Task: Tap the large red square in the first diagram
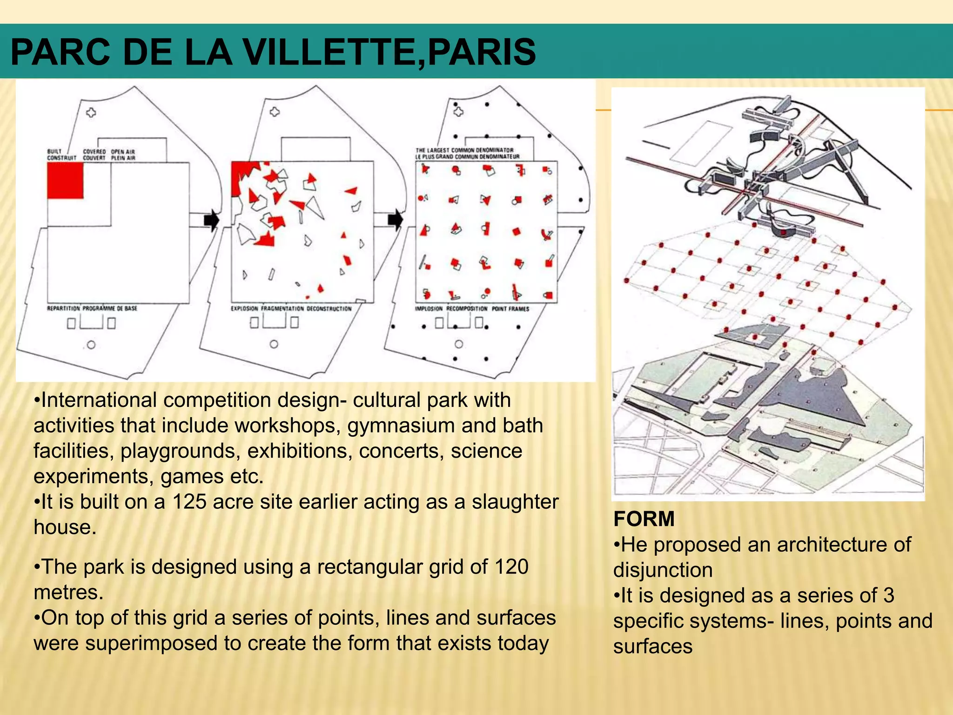pyautogui.click(x=65, y=181)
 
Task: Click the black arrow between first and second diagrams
pyautogui.click(x=211, y=220)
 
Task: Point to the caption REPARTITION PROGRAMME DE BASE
pyautogui.click(x=92, y=309)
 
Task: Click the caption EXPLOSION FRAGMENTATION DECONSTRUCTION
pyautogui.click(x=291, y=309)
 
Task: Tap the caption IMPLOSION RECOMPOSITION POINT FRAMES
pyautogui.click(x=472, y=309)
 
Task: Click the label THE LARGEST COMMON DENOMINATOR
pyautogui.click(x=464, y=150)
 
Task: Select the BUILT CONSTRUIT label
pyautogui.click(x=61, y=155)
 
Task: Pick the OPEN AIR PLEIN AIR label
pyautogui.click(x=123, y=155)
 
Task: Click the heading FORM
pyautogui.click(x=644, y=519)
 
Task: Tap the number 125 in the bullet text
pyautogui.click(x=189, y=502)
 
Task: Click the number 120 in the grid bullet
pyautogui.click(x=511, y=567)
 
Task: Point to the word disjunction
pyautogui.click(x=663, y=570)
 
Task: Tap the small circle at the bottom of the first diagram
pyautogui.click(x=91, y=345)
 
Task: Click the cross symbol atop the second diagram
pyautogui.click(x=275, y=112)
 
